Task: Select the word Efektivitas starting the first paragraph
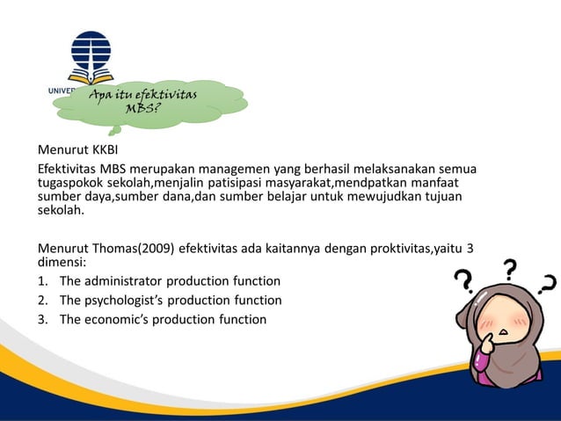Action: [x=66, y=169]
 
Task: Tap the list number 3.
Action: [x=41, y=319]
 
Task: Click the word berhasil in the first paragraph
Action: [x=294, y=169]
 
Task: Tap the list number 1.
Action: [x=41, y=281]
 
